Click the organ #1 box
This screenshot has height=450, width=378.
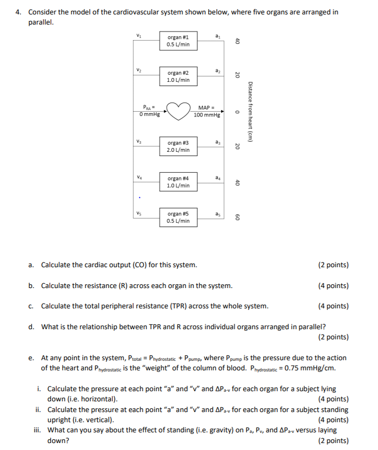pos(178,41)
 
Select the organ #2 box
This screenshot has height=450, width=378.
pos(178,76)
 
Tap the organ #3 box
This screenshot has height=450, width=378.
pos(178,146)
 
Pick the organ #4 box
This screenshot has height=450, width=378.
pos(178,182)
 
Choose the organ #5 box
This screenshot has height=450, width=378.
pos(178,217)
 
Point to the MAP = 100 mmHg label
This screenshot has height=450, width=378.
pos(206,111)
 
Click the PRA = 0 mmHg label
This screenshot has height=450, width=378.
pos(149,111)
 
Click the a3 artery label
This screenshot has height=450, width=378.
pos(216,142)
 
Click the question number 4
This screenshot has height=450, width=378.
pos(18,12)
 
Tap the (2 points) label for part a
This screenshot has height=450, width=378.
pos(333,265)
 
